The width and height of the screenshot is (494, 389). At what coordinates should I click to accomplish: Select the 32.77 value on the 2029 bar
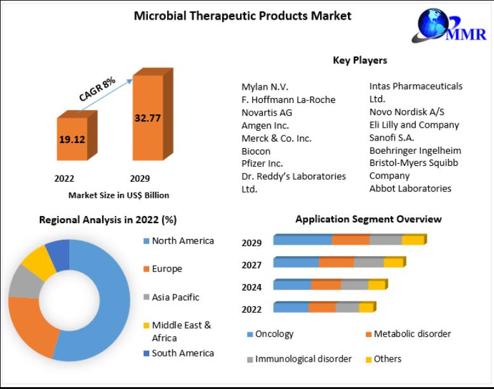click(147, 117)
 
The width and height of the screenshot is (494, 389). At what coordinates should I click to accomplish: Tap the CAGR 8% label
click(97, 88)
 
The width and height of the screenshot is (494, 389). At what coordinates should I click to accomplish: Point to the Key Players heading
click(359, 60)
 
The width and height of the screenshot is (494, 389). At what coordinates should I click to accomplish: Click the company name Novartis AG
click(267, 113)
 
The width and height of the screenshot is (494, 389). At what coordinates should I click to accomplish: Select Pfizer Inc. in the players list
click(262, 163)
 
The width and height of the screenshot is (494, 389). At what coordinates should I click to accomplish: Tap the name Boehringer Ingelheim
click(415, 151)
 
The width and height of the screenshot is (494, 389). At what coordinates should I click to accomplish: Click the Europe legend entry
click(166, 269)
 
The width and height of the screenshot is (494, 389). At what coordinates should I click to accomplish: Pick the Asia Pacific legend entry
click(175, 297)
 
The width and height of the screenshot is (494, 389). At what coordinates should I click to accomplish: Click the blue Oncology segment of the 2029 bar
click(303, 240)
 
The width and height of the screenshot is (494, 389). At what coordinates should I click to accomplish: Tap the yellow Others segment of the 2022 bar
click(366, 308)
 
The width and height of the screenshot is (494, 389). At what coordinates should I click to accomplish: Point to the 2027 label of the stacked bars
click(251, 264)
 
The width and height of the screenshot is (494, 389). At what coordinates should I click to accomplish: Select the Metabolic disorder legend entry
click(411, 334)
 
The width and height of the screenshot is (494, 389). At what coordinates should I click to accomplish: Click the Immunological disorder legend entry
click(303, 359)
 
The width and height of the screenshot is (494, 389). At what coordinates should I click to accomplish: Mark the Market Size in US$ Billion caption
click(119, 195)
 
